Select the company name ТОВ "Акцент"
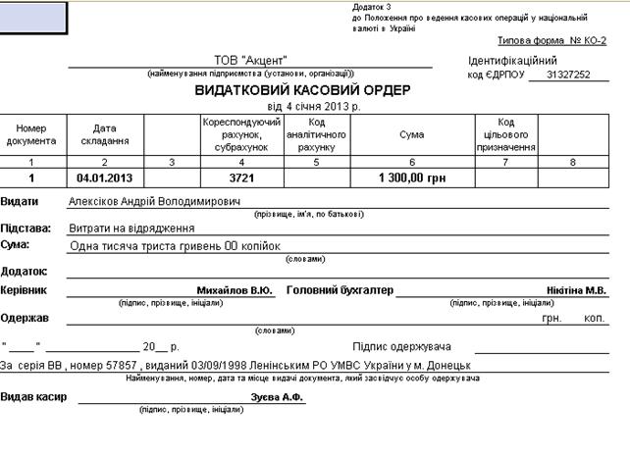[x=249, y=60]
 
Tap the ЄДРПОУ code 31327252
[x=570, y=75]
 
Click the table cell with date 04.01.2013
[x=104, y=178]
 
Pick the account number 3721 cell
[x=241, y=178]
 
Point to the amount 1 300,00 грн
[x=412, y=178]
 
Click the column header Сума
[x=412, y=134]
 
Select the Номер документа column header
[x=32, y=134]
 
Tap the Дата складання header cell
[x=104, y=134]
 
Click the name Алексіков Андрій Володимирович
[x=154, y=201]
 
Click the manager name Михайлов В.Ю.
[x=235, y=290]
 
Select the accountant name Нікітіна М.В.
[x=577, y=290]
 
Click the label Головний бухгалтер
[x=340, y=290]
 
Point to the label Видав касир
[x=33, y=397]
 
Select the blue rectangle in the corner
[x=33, y=16]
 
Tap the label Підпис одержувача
[x=401, y=347]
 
